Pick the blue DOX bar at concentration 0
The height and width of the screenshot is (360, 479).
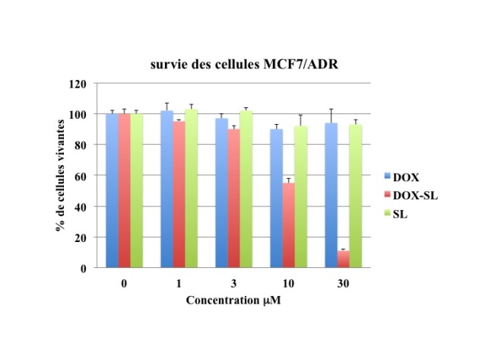point(112,190)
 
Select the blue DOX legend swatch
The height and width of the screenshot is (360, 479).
point(386,177)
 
